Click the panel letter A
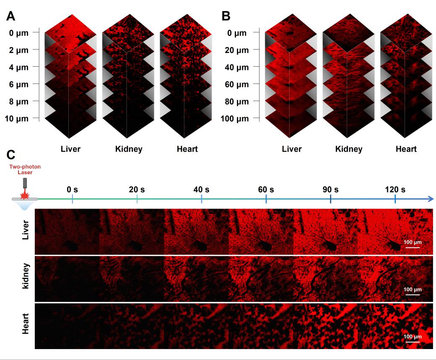pos(12,17)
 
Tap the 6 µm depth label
pos(19,84)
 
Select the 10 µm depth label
pos(17,119)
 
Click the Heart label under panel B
pos(406,149)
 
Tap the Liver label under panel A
pos(71,149)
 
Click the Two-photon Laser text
pos(26,169)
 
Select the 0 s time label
pos(73,189)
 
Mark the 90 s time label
pos(330,189)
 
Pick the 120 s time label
pos(395,189)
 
